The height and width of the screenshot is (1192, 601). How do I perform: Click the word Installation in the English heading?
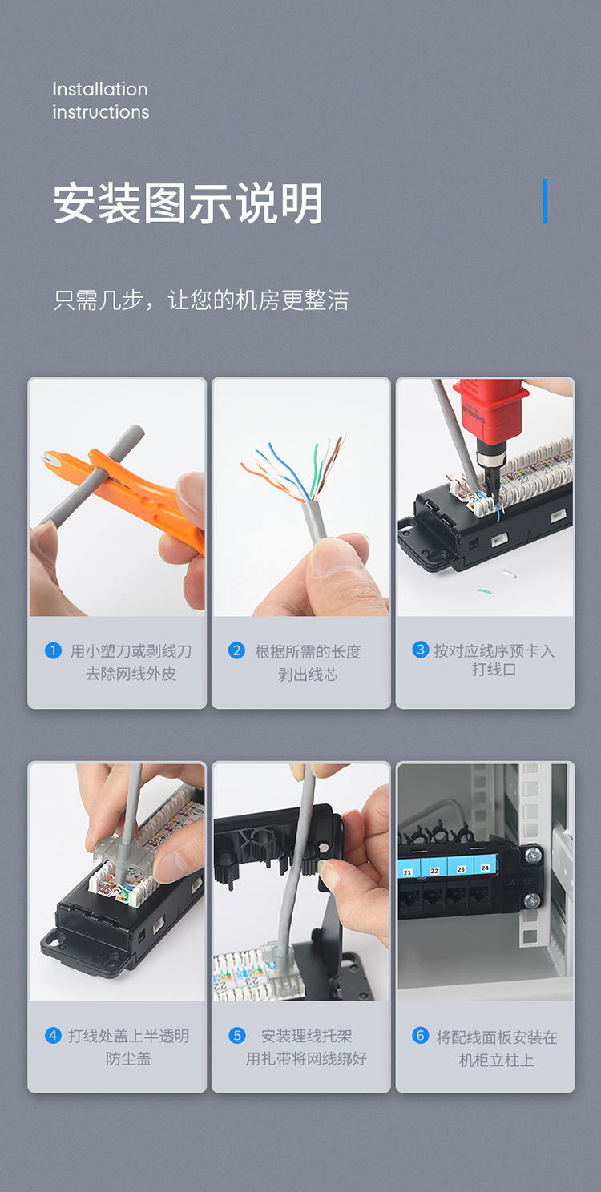[x=100, y=89]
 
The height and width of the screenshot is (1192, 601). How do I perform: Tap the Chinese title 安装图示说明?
[x=188, y=203]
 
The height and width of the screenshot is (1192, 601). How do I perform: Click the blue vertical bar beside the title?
[x=545, y=201]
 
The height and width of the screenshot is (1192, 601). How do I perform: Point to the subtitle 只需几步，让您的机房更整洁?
[x=200, y=300]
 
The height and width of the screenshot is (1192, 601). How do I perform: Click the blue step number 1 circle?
[x=53, y=650]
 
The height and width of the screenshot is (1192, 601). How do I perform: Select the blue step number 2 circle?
[x=236, y=650]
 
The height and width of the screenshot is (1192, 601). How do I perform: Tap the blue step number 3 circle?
[x=421, y=649]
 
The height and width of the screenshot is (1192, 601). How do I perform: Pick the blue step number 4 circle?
[x=53, y=1035]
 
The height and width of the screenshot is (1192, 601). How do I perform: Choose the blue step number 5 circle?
[x=237, y=1035]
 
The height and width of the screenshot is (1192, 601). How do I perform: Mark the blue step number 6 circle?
[x=421, y=1034]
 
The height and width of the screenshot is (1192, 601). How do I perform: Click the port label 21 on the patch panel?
[x=407, y=872]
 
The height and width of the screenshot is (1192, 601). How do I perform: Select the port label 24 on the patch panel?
[x=485, y=868]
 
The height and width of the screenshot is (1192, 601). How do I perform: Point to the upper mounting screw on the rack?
[x=532, y=856]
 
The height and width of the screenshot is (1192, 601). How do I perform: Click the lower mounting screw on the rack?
[x=532, y=900]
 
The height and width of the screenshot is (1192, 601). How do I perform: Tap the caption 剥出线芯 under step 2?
[x=308, y=675]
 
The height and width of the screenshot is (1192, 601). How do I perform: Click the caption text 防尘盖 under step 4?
[x=128, y=1058]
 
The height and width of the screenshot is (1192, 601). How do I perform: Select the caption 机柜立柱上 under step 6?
[x=496, y=1060]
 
